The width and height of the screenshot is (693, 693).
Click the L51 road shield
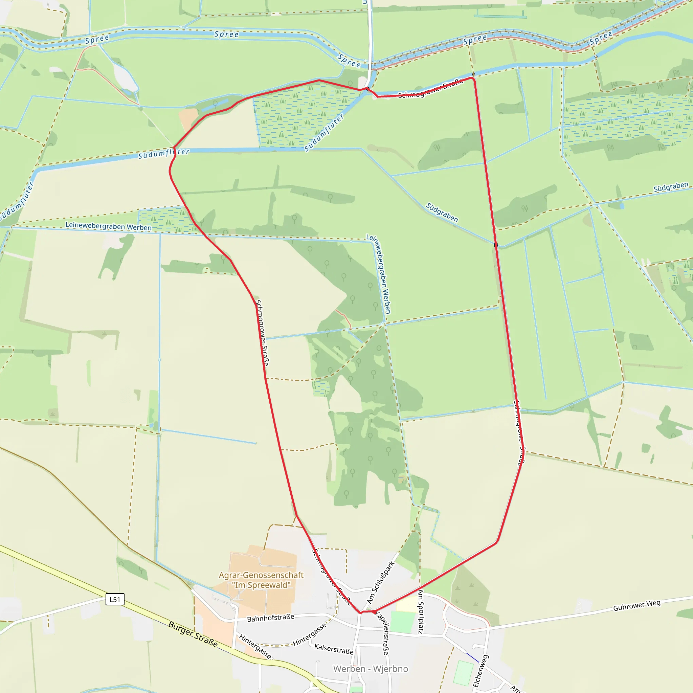115,599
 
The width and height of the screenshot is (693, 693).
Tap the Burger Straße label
193,634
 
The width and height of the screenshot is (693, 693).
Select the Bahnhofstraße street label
270,618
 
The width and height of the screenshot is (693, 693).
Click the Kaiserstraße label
334,649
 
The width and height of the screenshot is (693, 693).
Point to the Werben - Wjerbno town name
371,669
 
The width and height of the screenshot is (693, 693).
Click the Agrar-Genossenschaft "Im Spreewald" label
261,580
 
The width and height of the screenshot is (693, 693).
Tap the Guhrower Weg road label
637,605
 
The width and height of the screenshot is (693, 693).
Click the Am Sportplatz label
420,611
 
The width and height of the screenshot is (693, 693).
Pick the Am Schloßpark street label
381,583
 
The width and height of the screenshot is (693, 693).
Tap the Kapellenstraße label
382,633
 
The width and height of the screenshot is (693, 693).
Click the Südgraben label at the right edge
671,187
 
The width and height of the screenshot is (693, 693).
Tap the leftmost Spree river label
97,39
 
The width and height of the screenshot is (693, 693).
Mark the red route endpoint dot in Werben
374,612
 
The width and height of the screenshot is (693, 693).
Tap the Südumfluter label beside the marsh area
324,132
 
